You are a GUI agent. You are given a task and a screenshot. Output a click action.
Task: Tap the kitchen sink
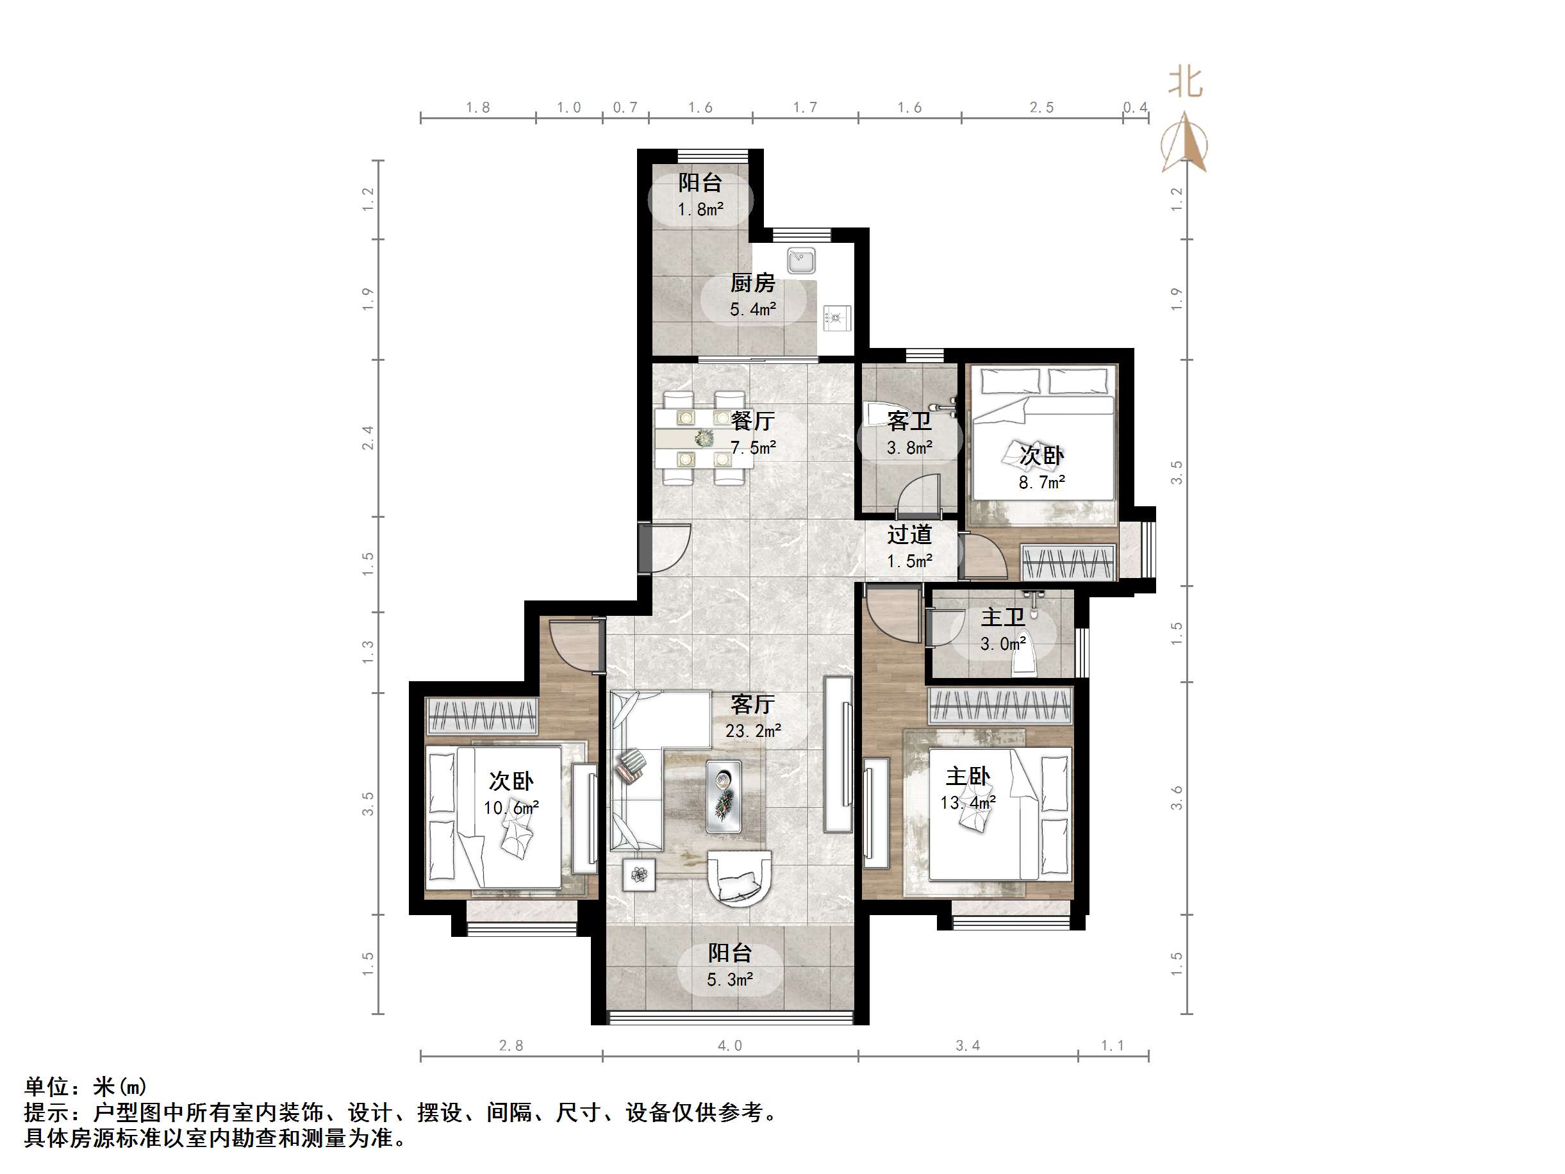point(802,259)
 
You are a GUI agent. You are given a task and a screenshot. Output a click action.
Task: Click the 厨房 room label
point(753,284)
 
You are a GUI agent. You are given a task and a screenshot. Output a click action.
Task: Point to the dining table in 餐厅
point(703,439)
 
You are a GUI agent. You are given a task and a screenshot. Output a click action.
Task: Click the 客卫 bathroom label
point(909,422)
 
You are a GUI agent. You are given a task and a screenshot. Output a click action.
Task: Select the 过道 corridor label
point(909,535)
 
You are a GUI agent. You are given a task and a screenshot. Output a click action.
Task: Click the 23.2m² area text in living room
point(753,731)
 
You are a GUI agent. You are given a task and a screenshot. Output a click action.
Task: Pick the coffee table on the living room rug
point(724,796)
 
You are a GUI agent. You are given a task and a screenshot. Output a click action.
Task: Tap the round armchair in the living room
point(740,878)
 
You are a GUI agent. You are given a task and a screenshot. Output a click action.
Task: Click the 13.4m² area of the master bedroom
point(967,803)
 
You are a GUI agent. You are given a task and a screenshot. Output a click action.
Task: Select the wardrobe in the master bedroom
point(1000,706)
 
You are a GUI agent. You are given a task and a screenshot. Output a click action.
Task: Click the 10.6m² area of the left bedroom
point(511,808)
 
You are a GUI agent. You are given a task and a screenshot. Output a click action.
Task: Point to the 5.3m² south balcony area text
point(729,980)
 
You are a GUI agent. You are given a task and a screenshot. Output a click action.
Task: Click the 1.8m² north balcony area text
point(700,210)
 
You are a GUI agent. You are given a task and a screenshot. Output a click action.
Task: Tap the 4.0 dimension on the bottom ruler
point(729,1046)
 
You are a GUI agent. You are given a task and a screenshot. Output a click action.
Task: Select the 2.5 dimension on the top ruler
point(1041,108)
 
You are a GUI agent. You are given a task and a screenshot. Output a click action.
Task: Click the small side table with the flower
point(639,875)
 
